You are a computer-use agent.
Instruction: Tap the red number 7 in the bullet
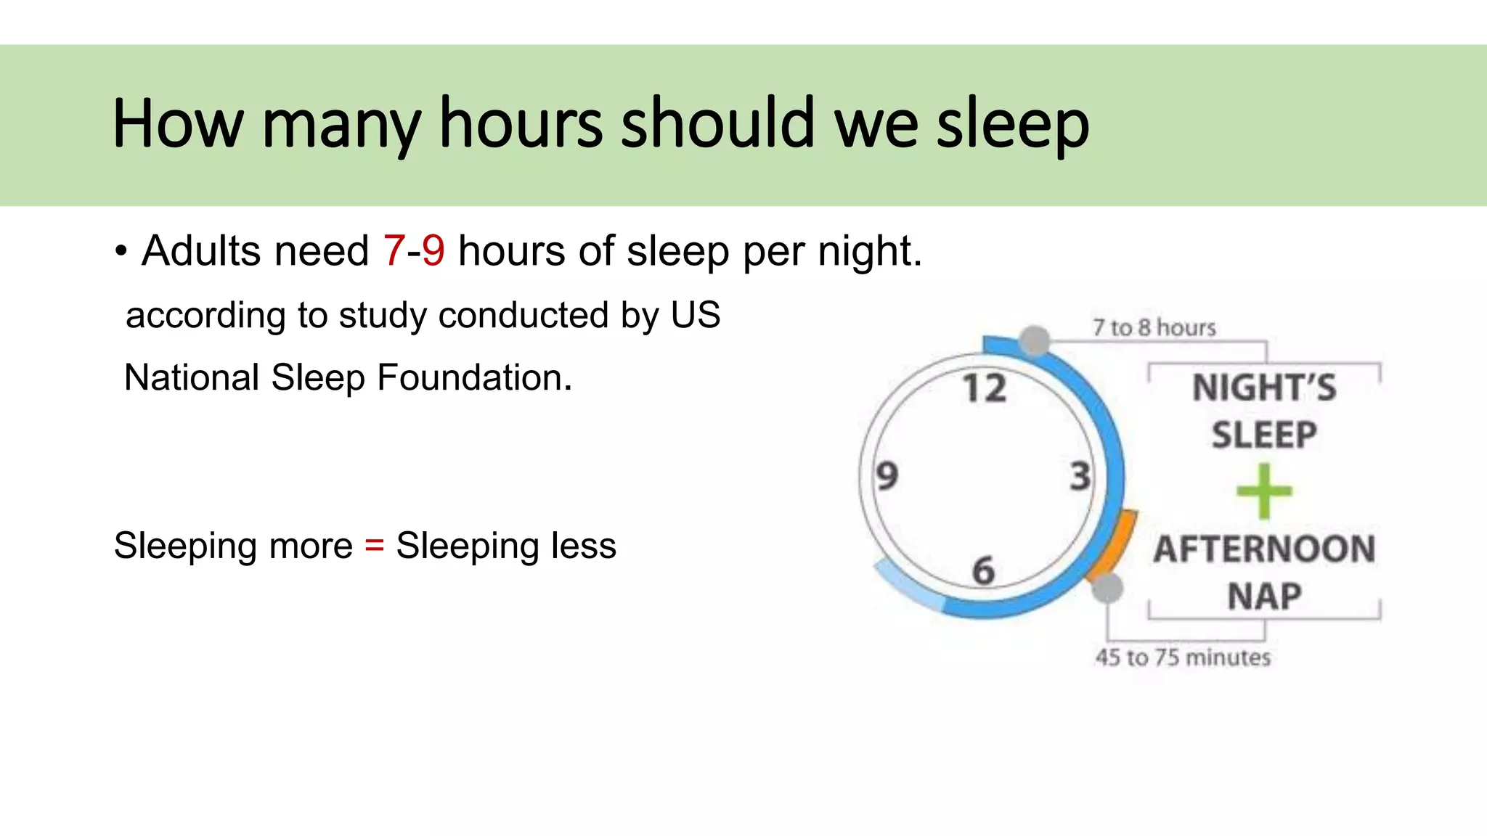pos(394,251)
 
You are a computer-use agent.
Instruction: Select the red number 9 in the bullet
pos(433,251)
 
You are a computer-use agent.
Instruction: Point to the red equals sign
pos(374,544)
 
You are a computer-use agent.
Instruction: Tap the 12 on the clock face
pos(985,388)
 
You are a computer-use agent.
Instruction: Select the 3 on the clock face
pos(1080,477)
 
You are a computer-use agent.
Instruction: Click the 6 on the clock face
pos(984,570)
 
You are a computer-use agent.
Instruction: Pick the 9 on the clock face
pos(887,476)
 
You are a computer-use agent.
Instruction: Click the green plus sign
pos(1264,491)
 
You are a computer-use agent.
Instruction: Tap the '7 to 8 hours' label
pos(1154,328)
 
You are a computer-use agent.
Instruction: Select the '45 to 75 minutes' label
pos(1183,657)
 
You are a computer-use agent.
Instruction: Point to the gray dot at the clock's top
pos(1035,340)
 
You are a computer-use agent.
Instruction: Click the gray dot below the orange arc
pos(1107,588)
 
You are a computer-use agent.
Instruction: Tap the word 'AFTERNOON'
pos(1264,549)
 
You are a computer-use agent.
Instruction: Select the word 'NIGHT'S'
pos(1264,388)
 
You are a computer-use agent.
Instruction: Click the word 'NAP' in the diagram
pos(1264,597)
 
